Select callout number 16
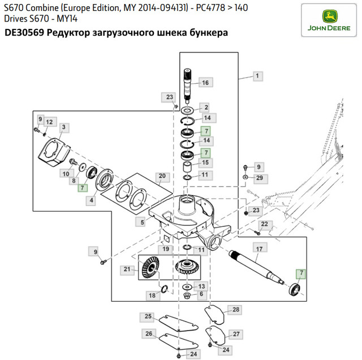click(x=205, y=83)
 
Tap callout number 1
click(x=257, y=75)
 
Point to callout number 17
click(x=260, y=248)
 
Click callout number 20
click(x=162, y=176)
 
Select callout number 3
click(x=63, y=127)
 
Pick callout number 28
click(x=235, y=309)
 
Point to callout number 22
click(x=264, y=225)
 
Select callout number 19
click(x=166, y=249)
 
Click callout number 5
click(x=142, y=223)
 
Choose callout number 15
click(x=206, y=163)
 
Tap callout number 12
click(x=49, y=122)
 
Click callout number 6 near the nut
click(x=201, y=294)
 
